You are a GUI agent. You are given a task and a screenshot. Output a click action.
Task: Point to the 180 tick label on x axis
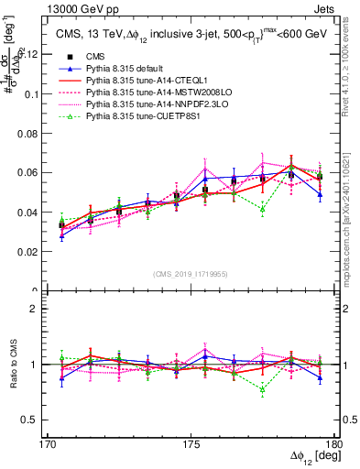(335, 442)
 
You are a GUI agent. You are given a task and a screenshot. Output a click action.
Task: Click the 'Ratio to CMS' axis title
(13, 365)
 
